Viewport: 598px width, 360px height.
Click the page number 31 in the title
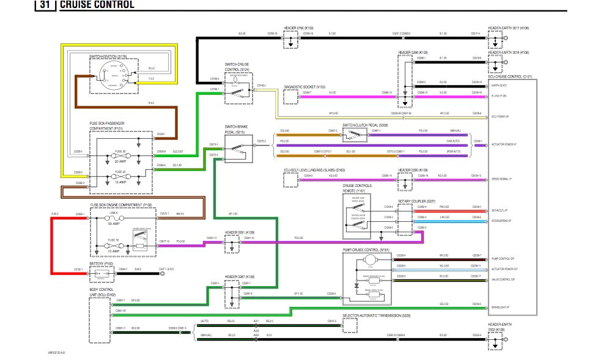click(x=45, y=5)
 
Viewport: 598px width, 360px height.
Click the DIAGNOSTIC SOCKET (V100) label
click(x=304, y=87)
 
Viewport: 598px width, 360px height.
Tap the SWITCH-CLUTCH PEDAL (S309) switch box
click(x=355, y=134)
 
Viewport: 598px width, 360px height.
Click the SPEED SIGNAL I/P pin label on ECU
click(x=502, y=179)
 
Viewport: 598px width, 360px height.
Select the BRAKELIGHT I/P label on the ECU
click(x=501, y=306)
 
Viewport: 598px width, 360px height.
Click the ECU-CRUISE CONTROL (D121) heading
click(x=510, y=77)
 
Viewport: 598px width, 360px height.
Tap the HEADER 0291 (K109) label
click(x=238, y=232)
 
